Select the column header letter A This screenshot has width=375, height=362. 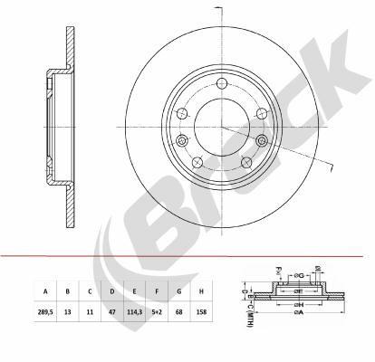click(x=43, y=292)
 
